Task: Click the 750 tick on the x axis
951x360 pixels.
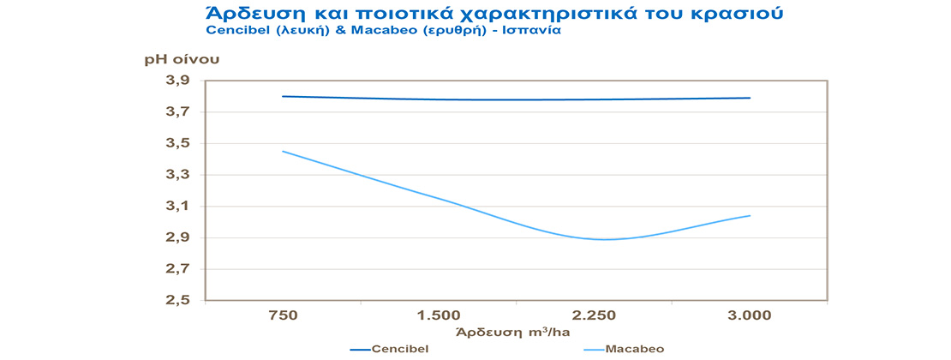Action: coord(283,315)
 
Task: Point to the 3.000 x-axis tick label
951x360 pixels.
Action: coord(751,315)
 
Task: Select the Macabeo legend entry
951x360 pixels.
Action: coord(635,349)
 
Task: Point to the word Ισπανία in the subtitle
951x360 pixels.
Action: coord(533,31)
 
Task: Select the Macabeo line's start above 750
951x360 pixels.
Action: coord(283,152)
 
